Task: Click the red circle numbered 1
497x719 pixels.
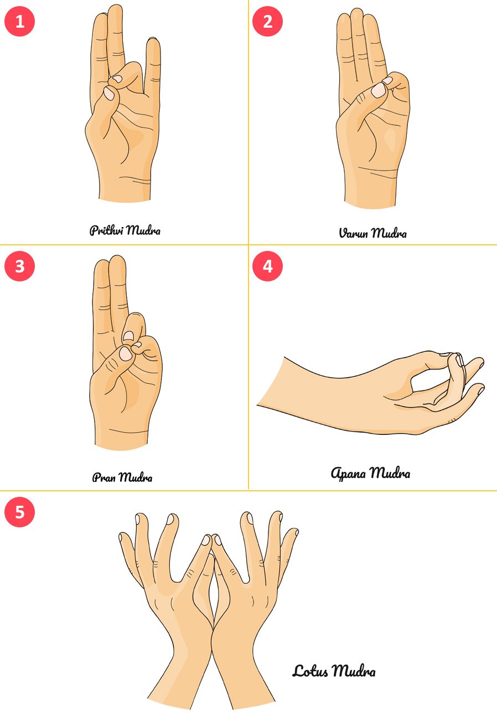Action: tap(19, 21)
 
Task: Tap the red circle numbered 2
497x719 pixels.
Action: tap(267, 21)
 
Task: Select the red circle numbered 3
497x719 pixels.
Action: tap(19, 266)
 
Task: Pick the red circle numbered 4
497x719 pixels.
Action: tap(267, 266)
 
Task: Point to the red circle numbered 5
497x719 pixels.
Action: tap(19, 512)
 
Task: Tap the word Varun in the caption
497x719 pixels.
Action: tap(353, 233)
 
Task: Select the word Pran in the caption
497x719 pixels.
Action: tap(104, 477)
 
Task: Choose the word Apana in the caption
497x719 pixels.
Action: tap(348, 473)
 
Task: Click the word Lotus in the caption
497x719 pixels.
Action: tap(310, 671)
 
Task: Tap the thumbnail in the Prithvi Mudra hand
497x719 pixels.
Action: tap(109, 94)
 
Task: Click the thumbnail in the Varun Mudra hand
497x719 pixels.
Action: tap(379, 90)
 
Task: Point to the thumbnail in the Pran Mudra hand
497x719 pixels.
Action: tap(125, 354)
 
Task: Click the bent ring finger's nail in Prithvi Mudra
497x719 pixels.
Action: tap(118, 79)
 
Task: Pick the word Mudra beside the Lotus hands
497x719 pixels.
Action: tap(353, 670)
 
